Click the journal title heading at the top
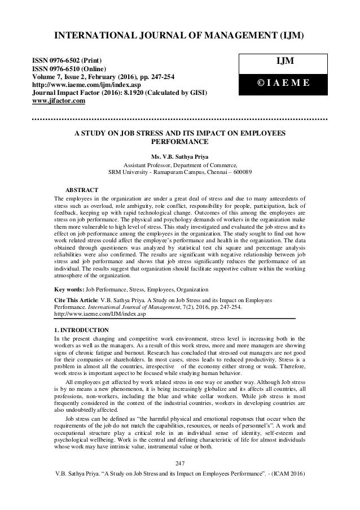[x=179, y=37]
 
